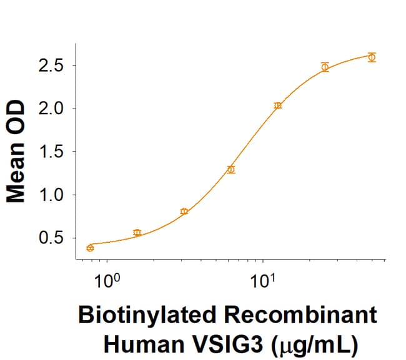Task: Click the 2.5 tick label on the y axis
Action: (x=52, y=66)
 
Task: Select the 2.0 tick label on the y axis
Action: (x=52, y=109)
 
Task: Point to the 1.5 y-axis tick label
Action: (x=52, y=152)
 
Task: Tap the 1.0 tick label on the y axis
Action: (x=52, y=195)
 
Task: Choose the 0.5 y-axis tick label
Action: (x=52, y=238)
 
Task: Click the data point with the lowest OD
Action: (x=90, y=248)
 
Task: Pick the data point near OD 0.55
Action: (x=137, y=233)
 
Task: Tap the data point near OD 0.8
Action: (x=184, y=212)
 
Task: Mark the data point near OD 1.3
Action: (x=231, y=169)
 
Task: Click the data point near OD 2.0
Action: (x=278, y=105)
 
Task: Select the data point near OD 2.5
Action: (x=325, y=67)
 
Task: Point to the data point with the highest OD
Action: (x=372, y=57)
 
